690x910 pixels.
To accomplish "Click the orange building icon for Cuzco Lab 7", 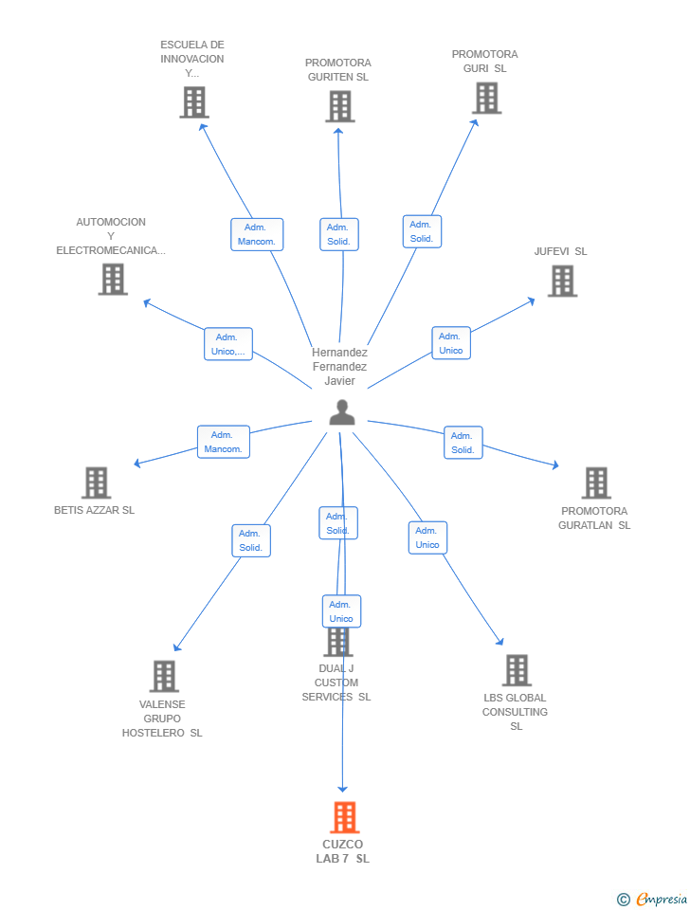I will click(x=344, y=817).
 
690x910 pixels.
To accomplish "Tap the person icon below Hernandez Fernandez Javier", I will click(x=341, y=412).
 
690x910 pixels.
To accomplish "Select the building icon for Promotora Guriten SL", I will click(x=339, y=106).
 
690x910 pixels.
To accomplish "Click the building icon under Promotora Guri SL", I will click(x=486, y=98).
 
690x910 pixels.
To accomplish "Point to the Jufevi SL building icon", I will click(x=562, y=281).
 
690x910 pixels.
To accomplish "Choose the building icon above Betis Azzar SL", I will click(x=96, y=482).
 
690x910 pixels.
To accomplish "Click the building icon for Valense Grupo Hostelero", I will click(x=164, y=676).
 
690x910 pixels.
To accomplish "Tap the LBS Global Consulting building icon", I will click(x=517, y=670).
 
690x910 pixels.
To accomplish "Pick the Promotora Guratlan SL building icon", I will click(x=595, y=482).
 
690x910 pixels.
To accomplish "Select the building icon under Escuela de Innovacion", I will click(x=193, y=102).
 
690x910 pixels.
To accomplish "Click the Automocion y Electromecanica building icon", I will click(x=113, y=279).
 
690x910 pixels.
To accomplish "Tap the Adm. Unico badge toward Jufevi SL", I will click(x=451, y=343).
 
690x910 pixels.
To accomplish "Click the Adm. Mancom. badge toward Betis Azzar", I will click(x=224, y=442).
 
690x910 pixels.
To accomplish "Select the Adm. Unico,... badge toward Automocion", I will click(x=228, y=344).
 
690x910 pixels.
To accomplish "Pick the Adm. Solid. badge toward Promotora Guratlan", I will click(x=463, y=443).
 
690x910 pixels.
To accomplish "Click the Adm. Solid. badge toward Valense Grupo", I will click(x=251, y=540).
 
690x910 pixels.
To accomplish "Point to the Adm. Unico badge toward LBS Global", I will click(x=427, y=537).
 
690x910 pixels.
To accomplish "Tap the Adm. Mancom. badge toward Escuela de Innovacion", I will click(x=257, y=234).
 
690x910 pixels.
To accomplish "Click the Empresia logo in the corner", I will click(x=652, y=899).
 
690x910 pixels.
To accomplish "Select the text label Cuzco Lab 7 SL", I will click(x=342, y=851).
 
